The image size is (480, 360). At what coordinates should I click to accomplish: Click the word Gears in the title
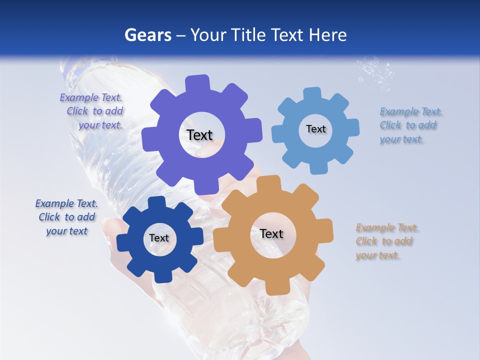tap(147, 35)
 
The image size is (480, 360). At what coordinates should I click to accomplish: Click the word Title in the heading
tap(248, 35)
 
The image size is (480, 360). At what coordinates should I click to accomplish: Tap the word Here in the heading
tap(327, 35)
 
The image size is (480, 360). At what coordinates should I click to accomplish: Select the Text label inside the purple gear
tap(199, 135)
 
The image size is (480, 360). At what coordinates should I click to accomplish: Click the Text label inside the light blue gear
tap(315, 129)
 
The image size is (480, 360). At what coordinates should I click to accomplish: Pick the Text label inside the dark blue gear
tap(159, 238)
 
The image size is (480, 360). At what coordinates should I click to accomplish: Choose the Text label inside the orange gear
tap(271, 233)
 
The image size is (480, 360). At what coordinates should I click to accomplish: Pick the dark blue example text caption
tap(66, 217)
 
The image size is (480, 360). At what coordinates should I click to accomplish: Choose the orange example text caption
tap(386, 241)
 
